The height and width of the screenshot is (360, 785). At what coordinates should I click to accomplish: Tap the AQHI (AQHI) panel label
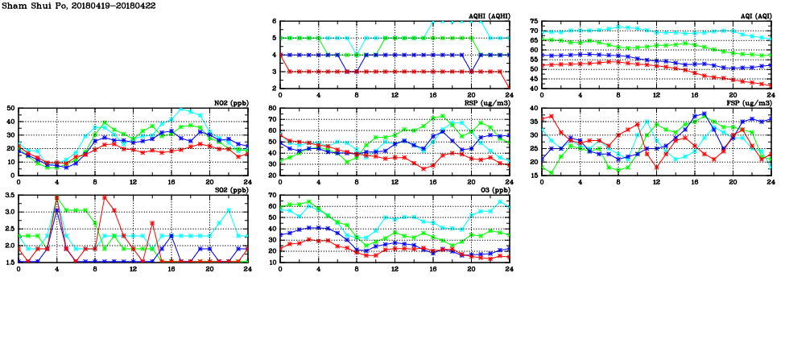tap(488, 16)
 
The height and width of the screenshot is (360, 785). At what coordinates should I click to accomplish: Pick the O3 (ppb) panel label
tap(494, 191)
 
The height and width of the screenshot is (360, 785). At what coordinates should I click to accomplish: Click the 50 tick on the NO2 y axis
tap(11, 108)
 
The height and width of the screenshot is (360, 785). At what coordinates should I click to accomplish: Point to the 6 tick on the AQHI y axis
tap(275, 21)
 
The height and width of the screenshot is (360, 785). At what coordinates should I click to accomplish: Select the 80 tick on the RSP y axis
tap(272, 108)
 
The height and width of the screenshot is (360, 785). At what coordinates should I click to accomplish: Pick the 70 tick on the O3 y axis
tap(272, 196)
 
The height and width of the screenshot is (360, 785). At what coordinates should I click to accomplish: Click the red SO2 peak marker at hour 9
tap(105, 197)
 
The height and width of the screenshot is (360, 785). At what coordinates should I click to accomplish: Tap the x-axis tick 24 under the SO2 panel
tap(247, 268)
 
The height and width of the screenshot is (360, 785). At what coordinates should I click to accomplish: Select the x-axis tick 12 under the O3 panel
tap(395, 268)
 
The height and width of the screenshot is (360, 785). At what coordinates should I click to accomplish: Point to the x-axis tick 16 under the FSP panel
tap(694, 181)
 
